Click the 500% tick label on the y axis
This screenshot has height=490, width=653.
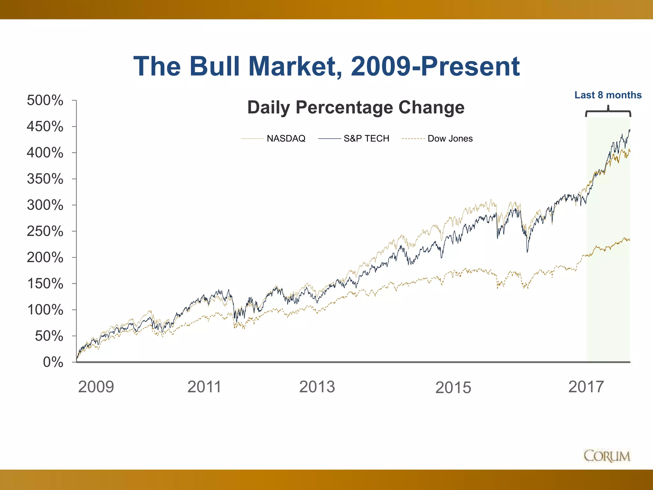45,100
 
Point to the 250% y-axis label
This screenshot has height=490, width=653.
45,231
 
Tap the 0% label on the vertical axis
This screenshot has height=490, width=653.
53,362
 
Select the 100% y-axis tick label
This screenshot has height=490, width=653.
45,310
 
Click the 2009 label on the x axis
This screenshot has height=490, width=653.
96,387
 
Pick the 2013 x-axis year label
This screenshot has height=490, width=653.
317,387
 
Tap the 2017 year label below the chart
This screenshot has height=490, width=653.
586,387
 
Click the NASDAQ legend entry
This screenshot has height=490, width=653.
286,138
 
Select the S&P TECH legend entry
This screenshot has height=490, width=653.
366,138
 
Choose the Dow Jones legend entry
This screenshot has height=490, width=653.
450,138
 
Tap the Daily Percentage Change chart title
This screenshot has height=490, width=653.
356,107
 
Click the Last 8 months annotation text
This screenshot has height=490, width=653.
608,95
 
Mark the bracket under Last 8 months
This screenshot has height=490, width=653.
608,112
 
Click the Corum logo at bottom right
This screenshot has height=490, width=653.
607,456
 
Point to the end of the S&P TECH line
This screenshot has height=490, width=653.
630,130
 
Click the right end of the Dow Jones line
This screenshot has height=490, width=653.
630,240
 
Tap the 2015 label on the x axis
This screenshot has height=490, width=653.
453,388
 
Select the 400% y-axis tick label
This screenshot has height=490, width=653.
45,153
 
